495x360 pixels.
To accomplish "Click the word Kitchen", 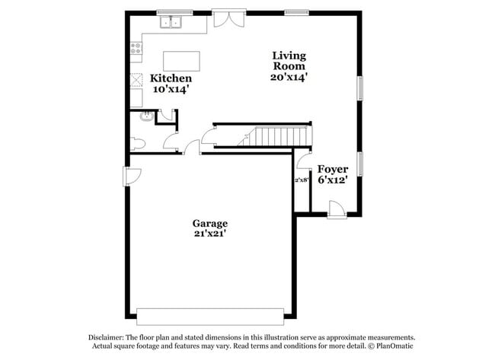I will click(171, 78).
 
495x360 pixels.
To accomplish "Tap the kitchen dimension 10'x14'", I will click(171, 90).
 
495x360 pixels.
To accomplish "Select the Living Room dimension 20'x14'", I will click(289, 77).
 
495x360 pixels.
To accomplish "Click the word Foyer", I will click(333, 169).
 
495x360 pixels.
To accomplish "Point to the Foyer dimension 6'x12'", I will click(333, 180).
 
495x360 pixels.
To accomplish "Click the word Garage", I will click(209, 223).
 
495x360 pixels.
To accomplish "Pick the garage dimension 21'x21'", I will click(209, 234).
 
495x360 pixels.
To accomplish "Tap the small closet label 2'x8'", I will click(302, 180).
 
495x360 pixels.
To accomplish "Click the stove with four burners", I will click(136, 50).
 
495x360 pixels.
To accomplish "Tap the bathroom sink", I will click(142, 116).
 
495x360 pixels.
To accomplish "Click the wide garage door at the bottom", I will click(209, 314).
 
